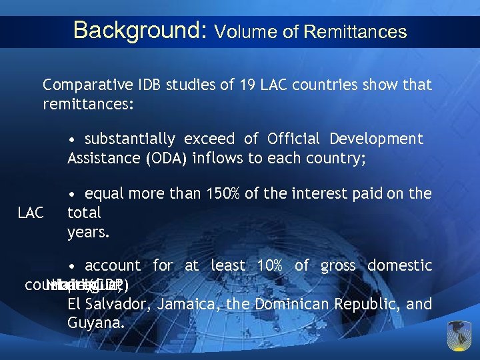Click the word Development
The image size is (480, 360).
(x=379, y=139)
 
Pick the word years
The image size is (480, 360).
(x=88, y=233)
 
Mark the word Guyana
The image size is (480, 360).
(x=95, y=323)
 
